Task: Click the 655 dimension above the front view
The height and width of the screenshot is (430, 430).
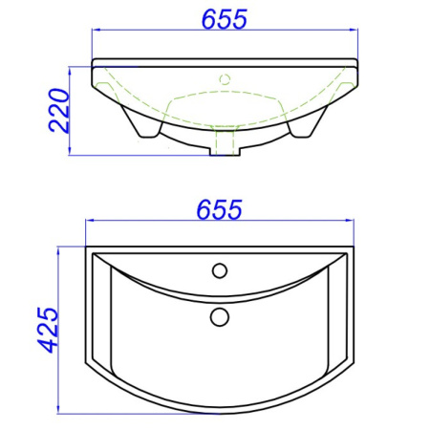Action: (225, 19)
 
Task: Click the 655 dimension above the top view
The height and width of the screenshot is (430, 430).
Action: (220, 209)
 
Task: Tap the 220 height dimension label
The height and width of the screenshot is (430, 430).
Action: (59, 110)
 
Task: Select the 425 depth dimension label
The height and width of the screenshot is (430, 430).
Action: (48, 330)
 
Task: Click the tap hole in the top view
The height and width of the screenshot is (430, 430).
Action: (220, 270)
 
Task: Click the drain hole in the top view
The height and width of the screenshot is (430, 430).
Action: (220, 317)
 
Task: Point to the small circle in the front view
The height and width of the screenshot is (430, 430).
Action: (225, 79)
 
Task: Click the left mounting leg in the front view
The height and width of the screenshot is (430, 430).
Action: (141, 123)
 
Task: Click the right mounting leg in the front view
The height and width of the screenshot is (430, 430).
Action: (308, 123)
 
